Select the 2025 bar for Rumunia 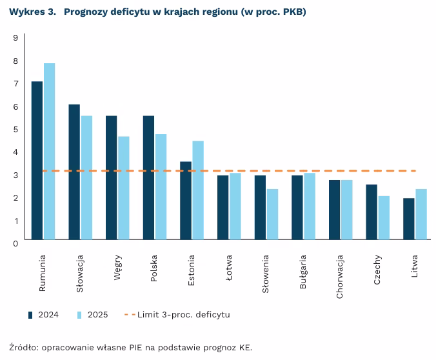(x=49, y=151)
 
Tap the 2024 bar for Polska (x=148, y=177)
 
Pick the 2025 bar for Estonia (x=198, y=190)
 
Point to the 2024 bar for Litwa (x=408, y=219)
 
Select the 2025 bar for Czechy (x=384, y=217)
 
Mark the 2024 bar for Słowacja (x=74, y=172)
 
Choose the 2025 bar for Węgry (x=123, y=188)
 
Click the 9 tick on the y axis (x=15, y=37)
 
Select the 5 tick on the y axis (x=15, y=129)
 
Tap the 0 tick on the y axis (x=15, y=243)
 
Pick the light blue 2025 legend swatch (x=79, y=315)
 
